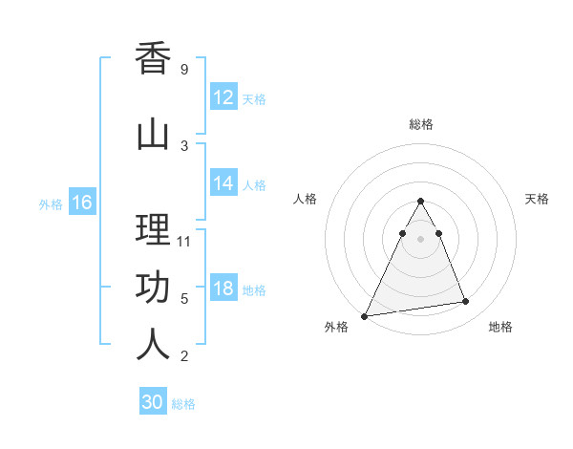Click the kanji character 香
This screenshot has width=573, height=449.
point(153,59)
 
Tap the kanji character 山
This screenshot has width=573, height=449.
point(153,135)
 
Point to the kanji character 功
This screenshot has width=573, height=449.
point(153,288)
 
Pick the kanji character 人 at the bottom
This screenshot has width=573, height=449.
point(153,345)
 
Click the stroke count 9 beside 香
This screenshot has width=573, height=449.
point(183,70)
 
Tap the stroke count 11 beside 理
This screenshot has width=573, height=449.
point(185,241)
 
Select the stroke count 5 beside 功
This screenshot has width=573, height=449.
point(183,299)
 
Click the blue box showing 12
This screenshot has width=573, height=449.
point(223,97)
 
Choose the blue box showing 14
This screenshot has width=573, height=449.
point(223,183)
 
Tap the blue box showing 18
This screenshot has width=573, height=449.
point(223,289)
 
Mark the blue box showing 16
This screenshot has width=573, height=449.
point(81,203)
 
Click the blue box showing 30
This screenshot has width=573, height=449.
point(153,402)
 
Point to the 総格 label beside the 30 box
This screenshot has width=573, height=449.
point(183,404)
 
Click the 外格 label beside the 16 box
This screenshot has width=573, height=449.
point(51,203)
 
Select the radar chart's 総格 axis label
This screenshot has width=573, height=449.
point(420,124)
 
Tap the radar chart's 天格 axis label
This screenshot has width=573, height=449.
point(537,199)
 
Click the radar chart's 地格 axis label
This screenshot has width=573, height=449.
point(500,327)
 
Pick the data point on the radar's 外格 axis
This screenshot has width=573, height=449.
point(365,315)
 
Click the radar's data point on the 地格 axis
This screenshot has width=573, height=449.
point(466,302)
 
